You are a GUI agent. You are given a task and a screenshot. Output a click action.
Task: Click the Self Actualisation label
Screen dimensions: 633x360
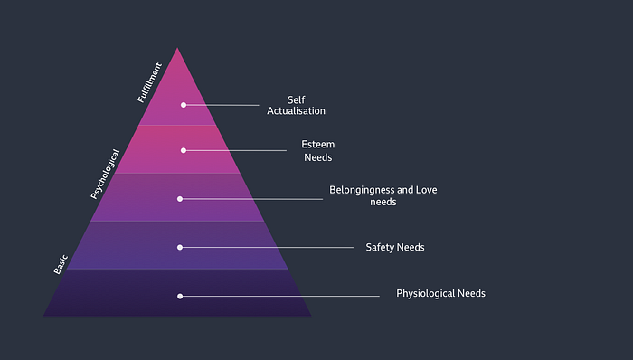[296, 105]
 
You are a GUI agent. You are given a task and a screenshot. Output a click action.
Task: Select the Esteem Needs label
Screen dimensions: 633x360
[318, 151]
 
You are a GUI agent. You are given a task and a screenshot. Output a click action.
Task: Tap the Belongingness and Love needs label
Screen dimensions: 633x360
[383, 195]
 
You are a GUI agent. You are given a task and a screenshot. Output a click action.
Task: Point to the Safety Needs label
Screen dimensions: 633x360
[395, 248]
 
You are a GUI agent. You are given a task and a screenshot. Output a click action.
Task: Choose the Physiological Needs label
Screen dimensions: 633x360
[440, 293]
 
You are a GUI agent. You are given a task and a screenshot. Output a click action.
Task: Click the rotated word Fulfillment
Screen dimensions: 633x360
[149, 82]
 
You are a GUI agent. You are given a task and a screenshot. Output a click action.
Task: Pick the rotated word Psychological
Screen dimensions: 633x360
[105, 174]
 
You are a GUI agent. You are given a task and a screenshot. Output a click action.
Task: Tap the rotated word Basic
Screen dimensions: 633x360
[61, 265]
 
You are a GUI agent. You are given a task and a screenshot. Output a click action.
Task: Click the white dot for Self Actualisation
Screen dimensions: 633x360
[184, 105]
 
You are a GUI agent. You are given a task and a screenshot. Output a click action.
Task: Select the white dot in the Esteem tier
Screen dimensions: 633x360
[184, 150]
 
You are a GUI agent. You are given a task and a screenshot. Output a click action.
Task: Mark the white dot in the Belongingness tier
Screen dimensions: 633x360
[180, 199]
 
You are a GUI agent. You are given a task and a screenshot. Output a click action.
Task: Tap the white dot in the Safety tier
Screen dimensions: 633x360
[180, 248]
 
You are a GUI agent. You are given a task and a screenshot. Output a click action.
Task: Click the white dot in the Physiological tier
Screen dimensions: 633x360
[180, 297]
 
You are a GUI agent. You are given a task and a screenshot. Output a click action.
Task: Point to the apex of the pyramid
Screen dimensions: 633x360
[177, 48]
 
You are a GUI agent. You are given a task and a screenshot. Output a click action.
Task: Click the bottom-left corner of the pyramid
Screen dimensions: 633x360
[43, 316]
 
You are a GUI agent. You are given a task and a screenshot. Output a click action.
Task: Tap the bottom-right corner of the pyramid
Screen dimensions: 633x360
[311, 316]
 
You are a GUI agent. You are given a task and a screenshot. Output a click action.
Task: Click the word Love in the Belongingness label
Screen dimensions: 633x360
[426, 190]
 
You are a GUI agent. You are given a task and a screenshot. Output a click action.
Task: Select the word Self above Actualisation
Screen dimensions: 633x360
[296, 99]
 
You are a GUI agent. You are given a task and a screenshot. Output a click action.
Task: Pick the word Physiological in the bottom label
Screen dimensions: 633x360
[425, 293]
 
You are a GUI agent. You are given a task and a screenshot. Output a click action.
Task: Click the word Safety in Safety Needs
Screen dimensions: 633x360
[379, 248]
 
